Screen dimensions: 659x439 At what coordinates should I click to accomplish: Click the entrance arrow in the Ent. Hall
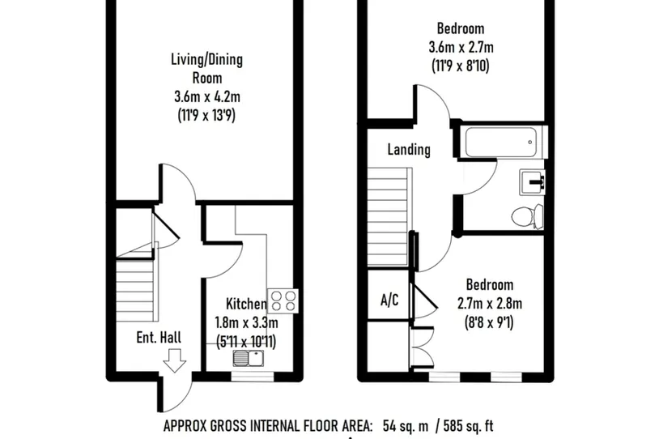[174, 360]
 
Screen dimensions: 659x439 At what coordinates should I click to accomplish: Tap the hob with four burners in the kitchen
[283, 301]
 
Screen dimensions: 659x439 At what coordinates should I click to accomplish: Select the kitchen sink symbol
[249, 358]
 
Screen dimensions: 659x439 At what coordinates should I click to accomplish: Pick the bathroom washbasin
[533, 182]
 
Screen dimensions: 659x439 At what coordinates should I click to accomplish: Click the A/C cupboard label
[389, 300]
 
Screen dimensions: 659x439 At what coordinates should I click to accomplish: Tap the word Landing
[409, 150]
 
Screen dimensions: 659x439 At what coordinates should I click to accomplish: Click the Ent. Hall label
[159, 337]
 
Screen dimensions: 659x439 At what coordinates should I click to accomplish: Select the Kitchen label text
[246, 304]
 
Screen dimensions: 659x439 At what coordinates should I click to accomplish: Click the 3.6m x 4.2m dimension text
[207, 96]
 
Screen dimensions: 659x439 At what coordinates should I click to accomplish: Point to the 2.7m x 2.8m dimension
[490, 303]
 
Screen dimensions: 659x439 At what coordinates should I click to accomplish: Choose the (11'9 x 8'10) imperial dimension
[461, 66]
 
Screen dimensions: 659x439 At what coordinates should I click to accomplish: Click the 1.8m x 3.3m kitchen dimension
[246, 322]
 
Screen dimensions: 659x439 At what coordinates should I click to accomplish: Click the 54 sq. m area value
[406, 426]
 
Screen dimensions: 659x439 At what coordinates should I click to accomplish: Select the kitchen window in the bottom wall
[253, 377]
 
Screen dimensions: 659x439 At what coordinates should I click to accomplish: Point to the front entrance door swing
[176, 391]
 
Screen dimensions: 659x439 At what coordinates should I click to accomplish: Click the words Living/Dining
[206, 60]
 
